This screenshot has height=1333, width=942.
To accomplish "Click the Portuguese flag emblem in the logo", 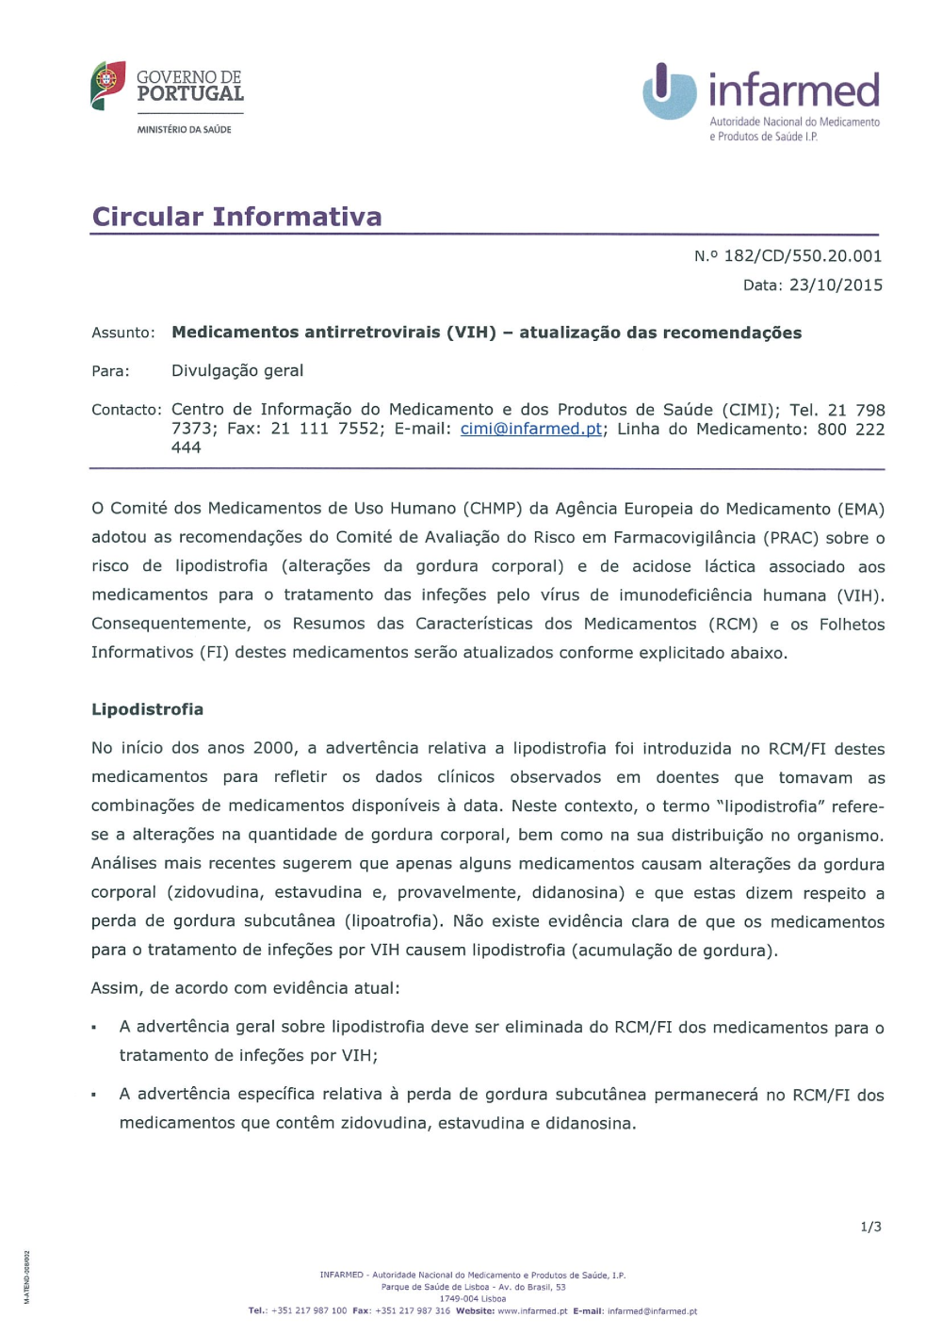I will pos(107,84).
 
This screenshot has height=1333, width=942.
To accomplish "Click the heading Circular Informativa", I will pos(236,217).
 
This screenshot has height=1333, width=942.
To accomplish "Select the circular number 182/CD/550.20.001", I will pos(803,256).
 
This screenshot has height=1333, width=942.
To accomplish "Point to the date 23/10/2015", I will pos(836,285).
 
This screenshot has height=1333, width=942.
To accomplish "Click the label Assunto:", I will pos(123,333).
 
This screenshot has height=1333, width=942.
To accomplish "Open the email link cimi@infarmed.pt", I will pos(531,429).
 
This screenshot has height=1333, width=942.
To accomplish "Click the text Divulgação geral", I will pos(237,371).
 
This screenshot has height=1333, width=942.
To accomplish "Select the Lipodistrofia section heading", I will pos(147,709).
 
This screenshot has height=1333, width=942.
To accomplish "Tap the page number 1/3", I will pos(870,1227).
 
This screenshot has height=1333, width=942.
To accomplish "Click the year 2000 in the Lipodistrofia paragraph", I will pos(274,748).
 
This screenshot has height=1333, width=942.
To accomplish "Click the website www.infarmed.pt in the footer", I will pos(532,1311).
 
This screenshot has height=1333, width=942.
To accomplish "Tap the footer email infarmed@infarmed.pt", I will pos(652,1311).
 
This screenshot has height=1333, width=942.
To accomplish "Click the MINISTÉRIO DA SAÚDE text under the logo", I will pos(184,130).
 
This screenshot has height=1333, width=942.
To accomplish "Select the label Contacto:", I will pos(126,410).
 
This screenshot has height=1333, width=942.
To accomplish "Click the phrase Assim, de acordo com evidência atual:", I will pos(245,988).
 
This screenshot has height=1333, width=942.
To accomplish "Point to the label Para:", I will pos(110,371).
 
